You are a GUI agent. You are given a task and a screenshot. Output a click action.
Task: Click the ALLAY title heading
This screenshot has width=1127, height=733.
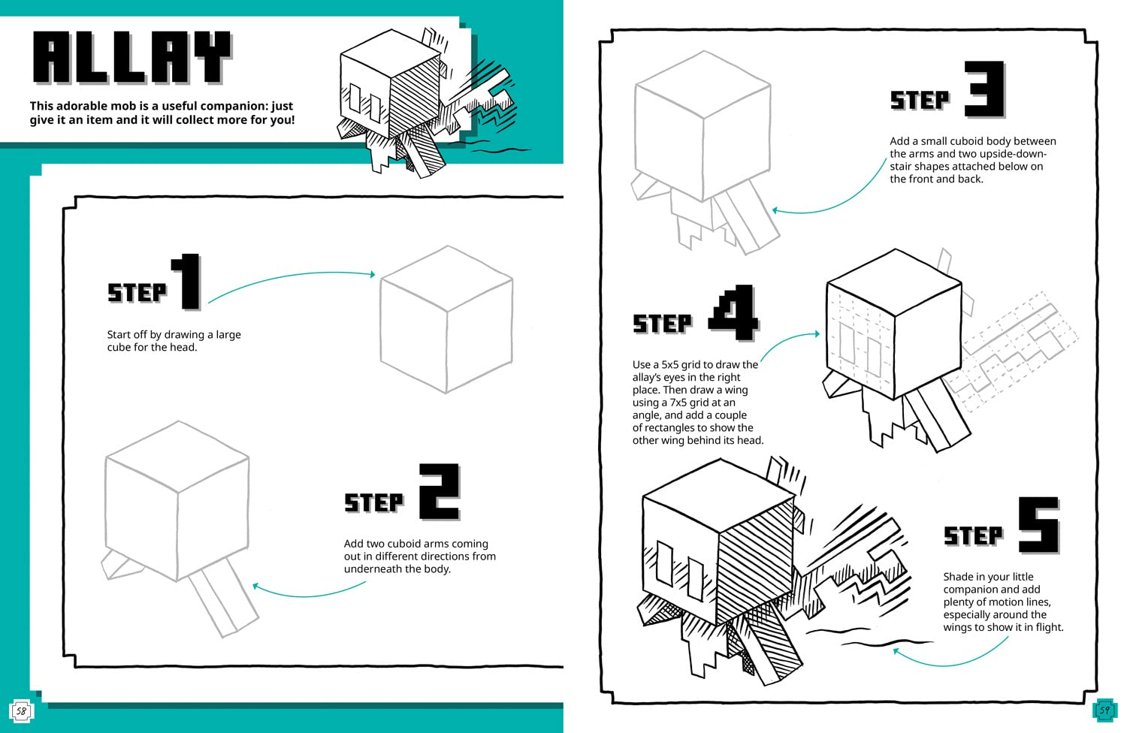point(131,58)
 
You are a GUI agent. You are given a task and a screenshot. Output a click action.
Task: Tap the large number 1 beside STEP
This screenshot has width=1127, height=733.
point(186,282)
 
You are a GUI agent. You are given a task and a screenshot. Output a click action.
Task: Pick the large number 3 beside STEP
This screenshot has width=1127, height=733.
point(984,89)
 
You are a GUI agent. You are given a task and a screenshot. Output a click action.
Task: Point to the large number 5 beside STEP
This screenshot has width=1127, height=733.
point(1038,525)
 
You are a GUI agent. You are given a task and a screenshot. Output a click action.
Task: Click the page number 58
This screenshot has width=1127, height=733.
point(21,710)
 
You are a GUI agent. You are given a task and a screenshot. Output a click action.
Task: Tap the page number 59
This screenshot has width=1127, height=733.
point(1104,709)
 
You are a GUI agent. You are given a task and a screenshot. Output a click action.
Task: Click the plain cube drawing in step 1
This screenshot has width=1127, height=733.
point(446,319)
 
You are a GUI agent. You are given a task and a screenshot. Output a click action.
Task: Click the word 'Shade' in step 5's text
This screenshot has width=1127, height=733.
point(959,577)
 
